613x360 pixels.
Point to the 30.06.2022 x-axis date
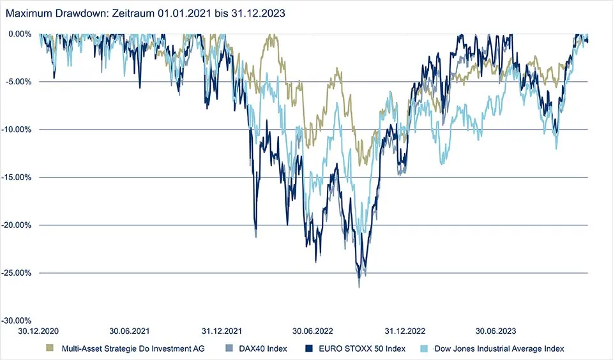(x=314, y=331)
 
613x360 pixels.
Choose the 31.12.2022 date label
(x=405, y=331)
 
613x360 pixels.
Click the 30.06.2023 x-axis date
(x=496, y=331)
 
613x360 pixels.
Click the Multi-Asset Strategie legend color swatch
(x=50, y=349)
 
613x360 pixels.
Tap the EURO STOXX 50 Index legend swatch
(x=308, y=349)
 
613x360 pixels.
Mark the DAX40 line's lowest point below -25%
(x=359, y=287)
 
